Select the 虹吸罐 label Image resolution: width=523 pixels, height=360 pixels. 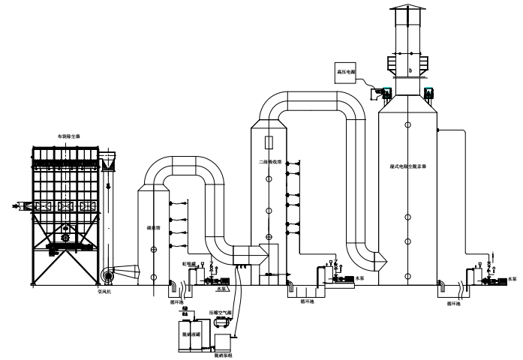pyautogui.click(x=189, y=263)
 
